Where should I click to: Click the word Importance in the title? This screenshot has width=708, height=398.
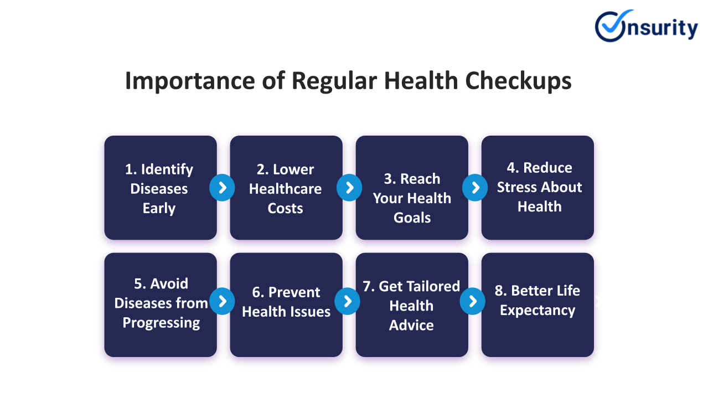pos(190,81)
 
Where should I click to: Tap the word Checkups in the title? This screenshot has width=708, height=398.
pos(518,81)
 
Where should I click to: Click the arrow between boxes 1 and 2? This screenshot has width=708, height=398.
pos(222,188)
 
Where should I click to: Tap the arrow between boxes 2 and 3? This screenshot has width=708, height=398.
pos(349,188)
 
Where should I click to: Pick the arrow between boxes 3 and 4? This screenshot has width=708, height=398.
pos(475,188)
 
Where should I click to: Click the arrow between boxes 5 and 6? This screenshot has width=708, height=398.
pos(222,301)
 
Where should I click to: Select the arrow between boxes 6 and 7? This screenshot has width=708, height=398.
pos(348,301)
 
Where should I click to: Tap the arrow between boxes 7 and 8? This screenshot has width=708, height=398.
pos(473,301)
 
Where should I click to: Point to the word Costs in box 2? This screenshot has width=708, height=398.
pos(286,208)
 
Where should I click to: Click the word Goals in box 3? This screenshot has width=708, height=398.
pos(412,218)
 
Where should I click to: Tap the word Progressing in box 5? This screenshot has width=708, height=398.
pos(162,323)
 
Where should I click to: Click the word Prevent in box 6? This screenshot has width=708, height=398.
pos(294,292)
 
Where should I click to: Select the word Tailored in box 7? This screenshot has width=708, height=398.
pos(419,286)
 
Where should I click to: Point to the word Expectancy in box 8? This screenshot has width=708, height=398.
pos(538,311)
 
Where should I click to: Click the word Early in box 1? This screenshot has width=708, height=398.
pos(159,209)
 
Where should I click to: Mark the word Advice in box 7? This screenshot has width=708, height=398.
pos(411,325)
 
